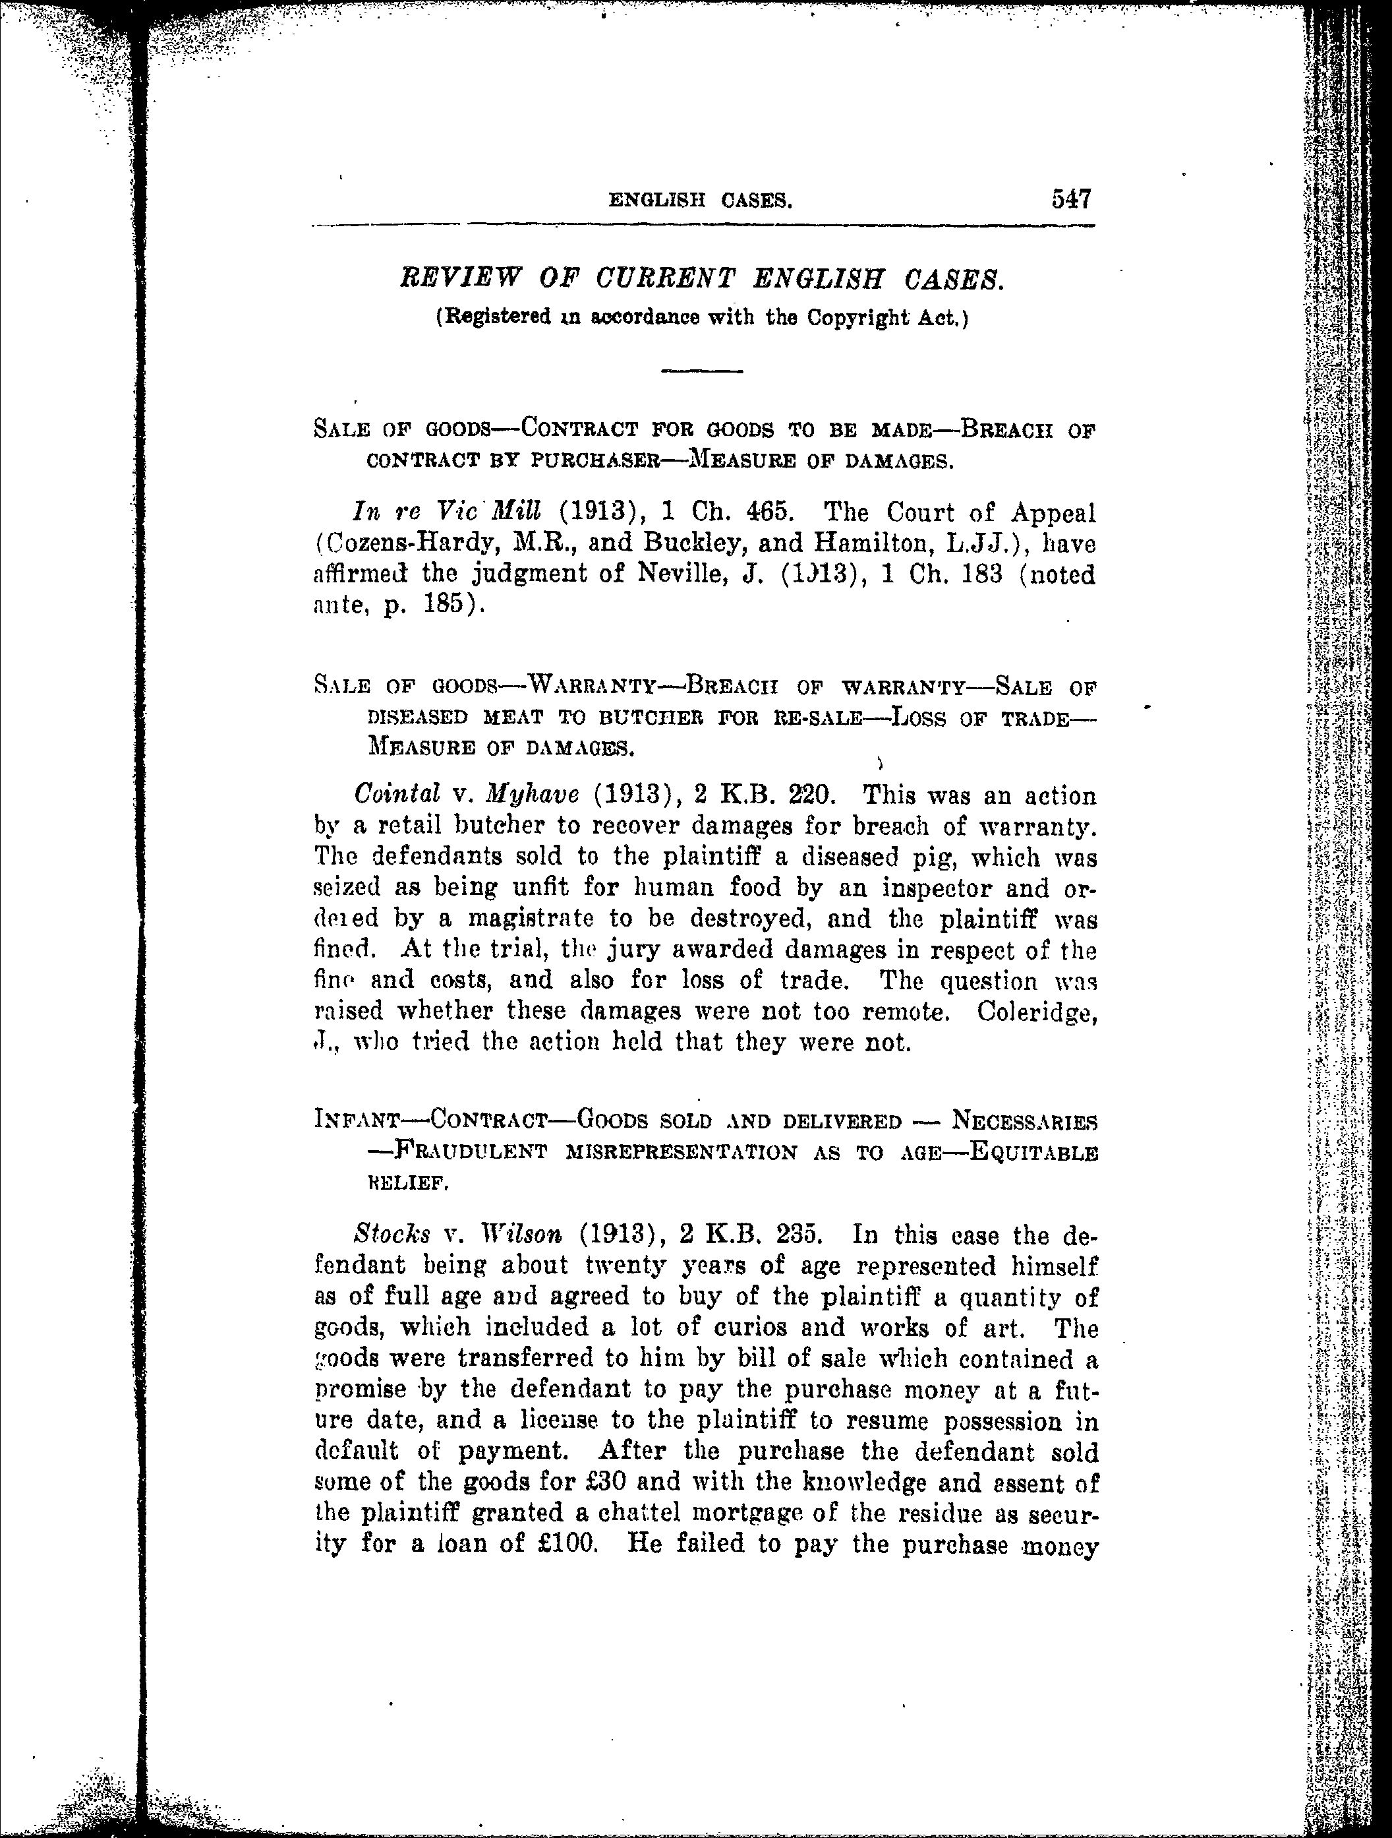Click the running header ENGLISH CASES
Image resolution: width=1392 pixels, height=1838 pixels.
pos(699,200)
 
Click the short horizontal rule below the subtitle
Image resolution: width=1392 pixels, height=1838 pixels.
pos(701,371)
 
